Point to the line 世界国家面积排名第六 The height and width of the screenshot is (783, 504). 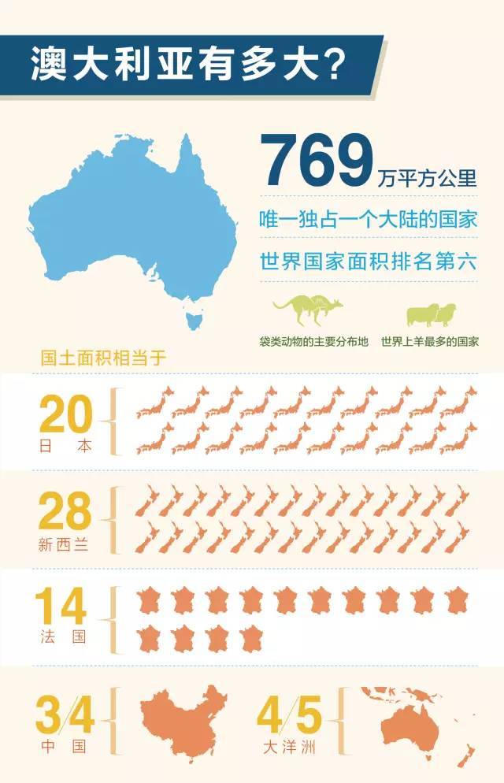point(369,262)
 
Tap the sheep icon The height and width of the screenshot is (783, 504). point(431,314)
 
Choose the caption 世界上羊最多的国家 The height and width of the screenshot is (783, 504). point(431,343)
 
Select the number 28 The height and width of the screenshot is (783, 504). point(65,512)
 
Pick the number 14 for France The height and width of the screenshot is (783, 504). point(61,607)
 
